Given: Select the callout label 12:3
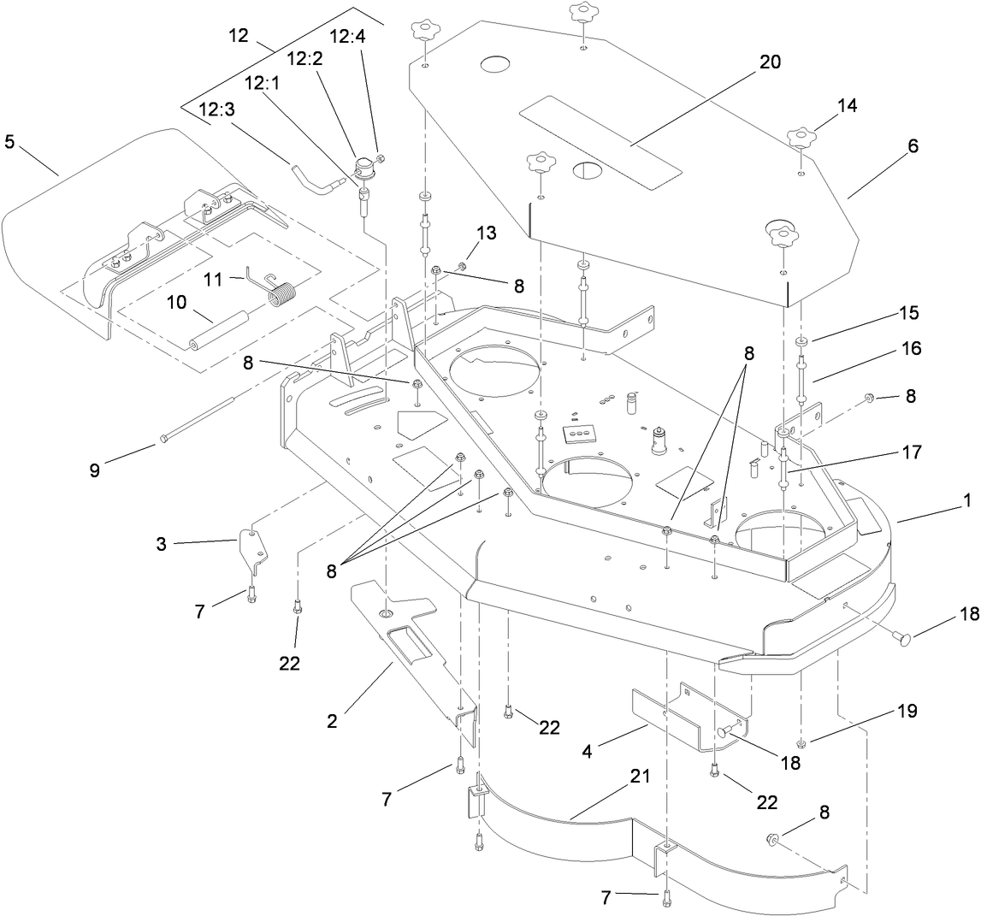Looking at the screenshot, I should pos(216,110).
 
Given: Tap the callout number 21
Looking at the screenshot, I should pos(641,777).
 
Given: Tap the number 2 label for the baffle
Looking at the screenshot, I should pos(332,720).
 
